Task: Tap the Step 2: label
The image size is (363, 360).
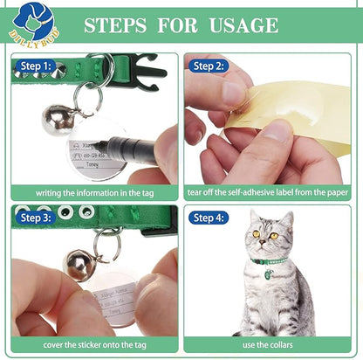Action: (209, 66)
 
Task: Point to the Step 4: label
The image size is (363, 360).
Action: (209, 218)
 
